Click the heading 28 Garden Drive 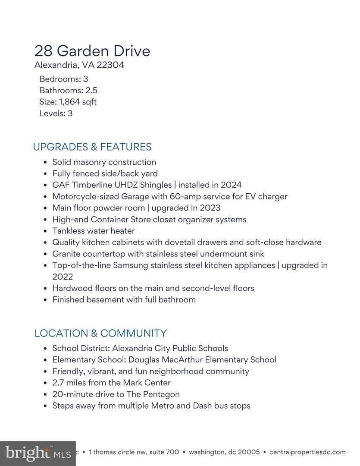point(92,51)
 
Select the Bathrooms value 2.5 point(91,91)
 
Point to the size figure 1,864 point(69,102)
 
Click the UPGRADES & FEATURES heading point(92,147)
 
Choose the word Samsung point(130,265)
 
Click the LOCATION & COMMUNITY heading point(100,333)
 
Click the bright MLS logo point(38,453)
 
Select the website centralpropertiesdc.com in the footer point(307,452)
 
